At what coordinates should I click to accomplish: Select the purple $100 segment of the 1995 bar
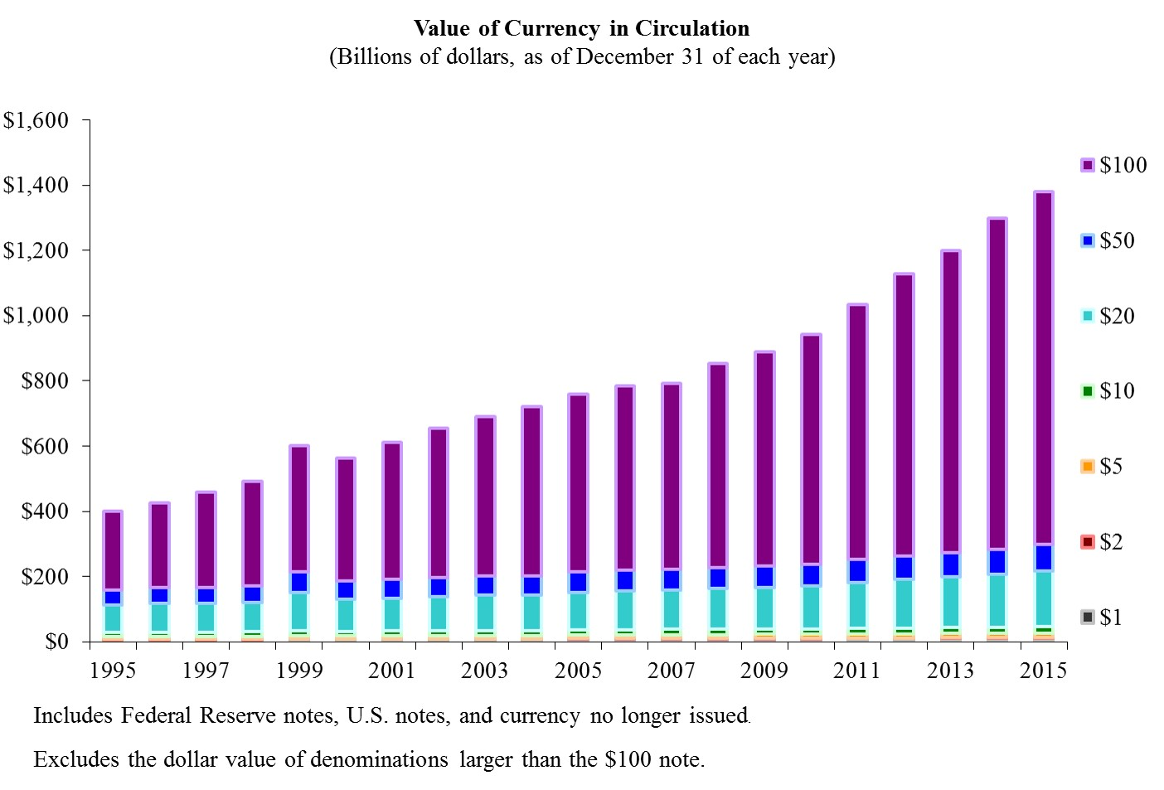tap(113, 551)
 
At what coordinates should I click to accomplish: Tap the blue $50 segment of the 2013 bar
tap(950, 565)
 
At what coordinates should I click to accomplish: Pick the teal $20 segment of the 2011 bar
tap(857, 605)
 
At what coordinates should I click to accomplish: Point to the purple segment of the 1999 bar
tap(299, 509)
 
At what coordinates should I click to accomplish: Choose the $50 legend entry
tap(1108, 240)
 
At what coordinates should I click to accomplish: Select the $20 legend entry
tap(1108, 316)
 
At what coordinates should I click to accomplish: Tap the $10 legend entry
tap(1108, 390)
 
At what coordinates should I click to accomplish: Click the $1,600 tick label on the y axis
tap(36, 121)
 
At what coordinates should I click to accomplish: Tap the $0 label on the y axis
tap(56, 642)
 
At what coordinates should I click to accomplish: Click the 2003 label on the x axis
tap(485, 670)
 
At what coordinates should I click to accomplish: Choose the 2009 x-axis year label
tap(764, 670)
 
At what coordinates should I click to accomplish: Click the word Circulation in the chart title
tap(692, 28)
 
